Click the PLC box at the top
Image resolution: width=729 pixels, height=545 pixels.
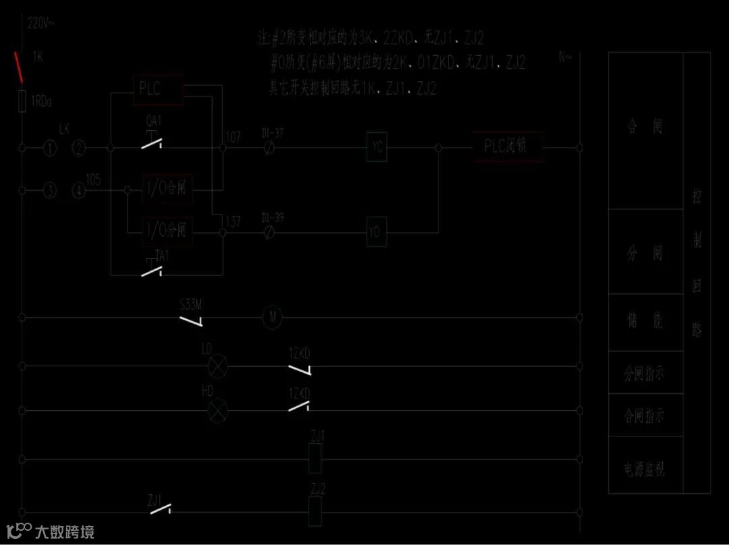[159, 90]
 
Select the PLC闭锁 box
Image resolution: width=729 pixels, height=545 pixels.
[509, 146]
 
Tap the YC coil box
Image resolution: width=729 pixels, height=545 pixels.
[377, 147]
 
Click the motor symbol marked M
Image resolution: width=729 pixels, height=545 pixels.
[272, 317]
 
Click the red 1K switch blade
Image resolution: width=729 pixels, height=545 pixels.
[20, 64]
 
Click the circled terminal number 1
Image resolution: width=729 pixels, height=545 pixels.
[50, 148]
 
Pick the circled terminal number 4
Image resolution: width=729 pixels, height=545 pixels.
[80, 191]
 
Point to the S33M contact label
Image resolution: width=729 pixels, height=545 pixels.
[191, 304]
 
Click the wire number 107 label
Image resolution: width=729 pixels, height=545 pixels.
[234, 138]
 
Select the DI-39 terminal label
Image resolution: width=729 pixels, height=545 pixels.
[273, 217]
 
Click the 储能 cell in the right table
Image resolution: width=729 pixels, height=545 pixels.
[645, 322]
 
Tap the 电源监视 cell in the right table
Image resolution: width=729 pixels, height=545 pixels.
[645, 467]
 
